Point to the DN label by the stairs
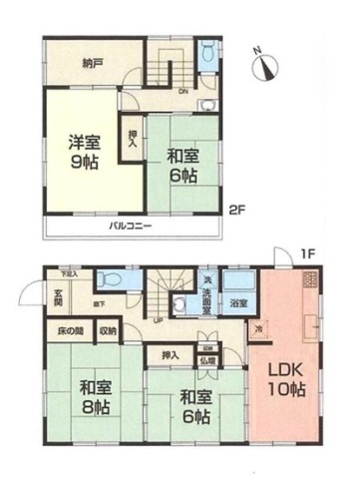pyautogui.click(x=182, y=94)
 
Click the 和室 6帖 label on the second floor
pyautogui.click(x=180, y=164)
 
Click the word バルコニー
pyautogui.click(x=131, y=228)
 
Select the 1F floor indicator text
pyautogui.click(x=309, y=255)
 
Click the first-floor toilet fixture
pyautogui.click(x=112, y=279)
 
